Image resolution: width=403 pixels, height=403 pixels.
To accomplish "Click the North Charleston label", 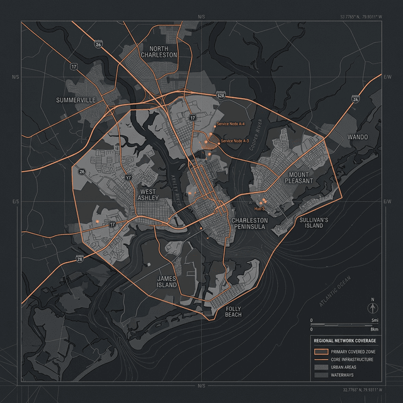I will (159, 52).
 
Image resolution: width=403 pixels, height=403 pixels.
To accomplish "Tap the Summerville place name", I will (76, 100).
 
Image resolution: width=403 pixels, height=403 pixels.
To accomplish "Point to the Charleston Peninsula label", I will (249, 224).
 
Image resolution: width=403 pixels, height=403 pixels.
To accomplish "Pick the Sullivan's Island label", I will (314, 224).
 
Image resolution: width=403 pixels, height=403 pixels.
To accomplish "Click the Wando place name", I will (358, 137).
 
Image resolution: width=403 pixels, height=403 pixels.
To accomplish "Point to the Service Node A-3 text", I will (235, 140).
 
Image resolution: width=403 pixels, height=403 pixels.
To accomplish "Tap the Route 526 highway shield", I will (220, 95).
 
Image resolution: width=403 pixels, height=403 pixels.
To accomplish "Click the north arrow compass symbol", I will (373, 307).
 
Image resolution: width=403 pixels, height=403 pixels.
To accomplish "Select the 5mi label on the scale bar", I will (374, 321).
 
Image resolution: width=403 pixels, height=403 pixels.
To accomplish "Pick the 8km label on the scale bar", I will (374, 329).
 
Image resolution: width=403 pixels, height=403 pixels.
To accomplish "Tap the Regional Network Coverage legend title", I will (344, 340).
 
